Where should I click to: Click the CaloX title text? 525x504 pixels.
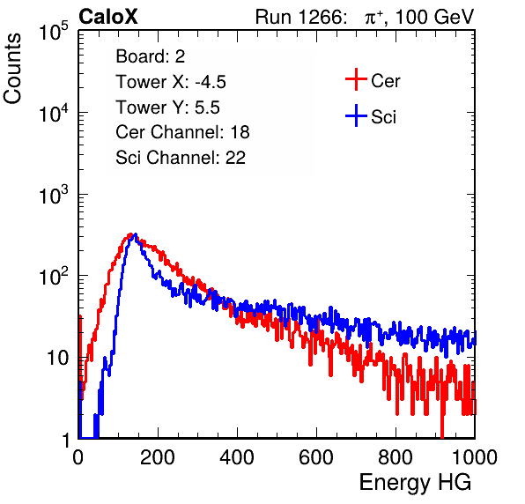(x=107, y=17)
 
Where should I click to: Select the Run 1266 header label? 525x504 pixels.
(x=300, y=17)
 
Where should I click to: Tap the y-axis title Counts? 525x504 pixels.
(x=12, y=69)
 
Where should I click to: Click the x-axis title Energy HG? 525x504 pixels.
(x=415, y=483)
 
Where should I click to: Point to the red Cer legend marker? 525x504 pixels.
(x=356, y=79)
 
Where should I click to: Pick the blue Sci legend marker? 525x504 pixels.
(x=356, y=116)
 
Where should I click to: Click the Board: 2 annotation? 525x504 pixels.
(x=151, y=56)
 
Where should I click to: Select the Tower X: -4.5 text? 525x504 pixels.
(x=171, y=82)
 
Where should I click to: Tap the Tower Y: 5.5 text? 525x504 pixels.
(x=167, y=107)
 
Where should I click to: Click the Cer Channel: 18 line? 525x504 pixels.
(x=182, y=132)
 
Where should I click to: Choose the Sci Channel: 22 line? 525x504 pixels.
(x=181, y=158)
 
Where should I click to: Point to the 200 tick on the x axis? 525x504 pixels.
(x=158, y=457)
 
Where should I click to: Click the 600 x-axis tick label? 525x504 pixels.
(x=316, y=457)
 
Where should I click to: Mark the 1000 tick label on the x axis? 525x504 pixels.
(x=475, y=457)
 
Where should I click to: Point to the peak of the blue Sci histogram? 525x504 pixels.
(x=135, y=234)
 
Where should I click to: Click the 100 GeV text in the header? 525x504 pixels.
(x=435, y=17)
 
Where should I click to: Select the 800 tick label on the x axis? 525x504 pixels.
(x=396, y=457)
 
